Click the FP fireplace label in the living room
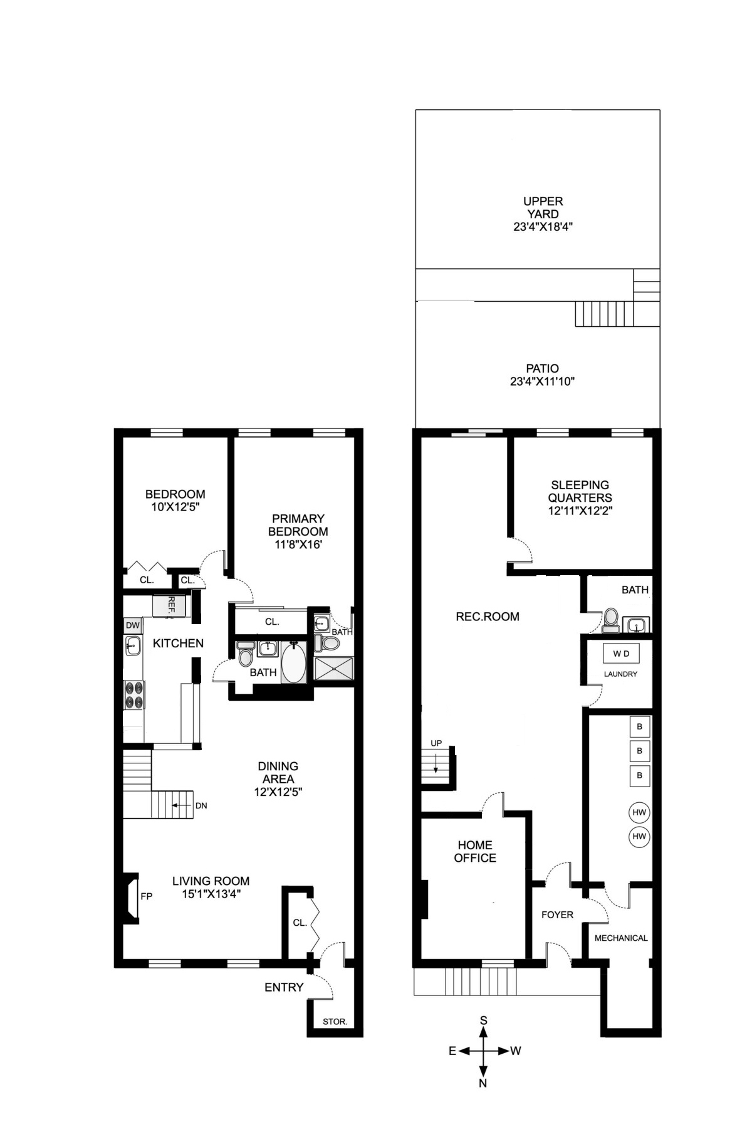click(x=146, y=896)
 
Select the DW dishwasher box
click(x=132, y=625)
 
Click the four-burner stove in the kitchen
click(x=133, y=694)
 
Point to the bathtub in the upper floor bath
click(x=293, y=662)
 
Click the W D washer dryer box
click(x=621, y=654)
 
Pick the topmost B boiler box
click(x=639, y=727)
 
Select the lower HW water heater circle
click(x=639, y=837)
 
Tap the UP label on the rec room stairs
click(x=436, y=743)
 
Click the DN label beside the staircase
click(x=201, y=806)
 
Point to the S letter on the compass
click(x=483, y=1020)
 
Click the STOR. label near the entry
click(x=335, y=1022)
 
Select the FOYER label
click(x=557, y=915)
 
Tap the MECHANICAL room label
click(x=620, y=938)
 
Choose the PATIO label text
click(x=542, y=369)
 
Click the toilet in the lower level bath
click(x=610, y=619)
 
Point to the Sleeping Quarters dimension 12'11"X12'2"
click(x=580, y=511)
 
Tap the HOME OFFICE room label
click(x=474, y=852)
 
